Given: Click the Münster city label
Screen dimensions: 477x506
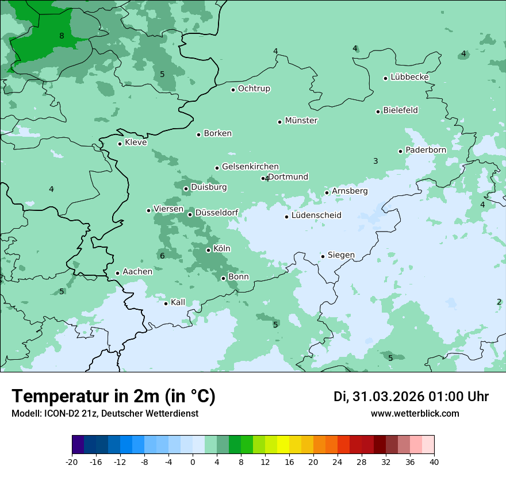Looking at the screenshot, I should [301, 121].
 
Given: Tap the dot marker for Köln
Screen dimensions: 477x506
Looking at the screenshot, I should [208, 250].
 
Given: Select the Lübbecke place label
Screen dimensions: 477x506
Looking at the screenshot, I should [409, 77].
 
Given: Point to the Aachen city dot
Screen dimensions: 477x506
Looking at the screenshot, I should [117, 274].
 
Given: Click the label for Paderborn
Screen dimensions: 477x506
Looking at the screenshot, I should [425, 150].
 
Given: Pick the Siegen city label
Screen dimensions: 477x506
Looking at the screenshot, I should [341, 255].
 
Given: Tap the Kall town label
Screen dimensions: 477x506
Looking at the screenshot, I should [178, 302].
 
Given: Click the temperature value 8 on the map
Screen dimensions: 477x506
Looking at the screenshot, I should [62, 36].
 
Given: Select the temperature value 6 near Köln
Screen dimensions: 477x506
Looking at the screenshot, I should [162, 256].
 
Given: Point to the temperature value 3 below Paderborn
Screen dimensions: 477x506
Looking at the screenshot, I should [375, 161].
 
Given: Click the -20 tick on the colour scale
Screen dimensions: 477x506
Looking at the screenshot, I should [72, 462].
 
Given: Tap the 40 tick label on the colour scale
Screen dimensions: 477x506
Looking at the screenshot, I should [434, 462].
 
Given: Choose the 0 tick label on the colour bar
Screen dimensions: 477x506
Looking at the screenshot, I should [193, 462].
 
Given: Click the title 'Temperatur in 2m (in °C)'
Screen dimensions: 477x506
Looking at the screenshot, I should [113, 396].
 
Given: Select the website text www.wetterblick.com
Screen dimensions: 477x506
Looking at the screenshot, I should [415, 413].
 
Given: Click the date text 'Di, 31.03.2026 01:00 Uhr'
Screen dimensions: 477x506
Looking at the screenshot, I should [411, 397].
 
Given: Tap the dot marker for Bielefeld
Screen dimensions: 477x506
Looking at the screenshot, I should [378, 111].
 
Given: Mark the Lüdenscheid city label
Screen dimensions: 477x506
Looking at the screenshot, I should [316, 216].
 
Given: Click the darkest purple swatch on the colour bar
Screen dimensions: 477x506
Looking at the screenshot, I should [78, 445].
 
